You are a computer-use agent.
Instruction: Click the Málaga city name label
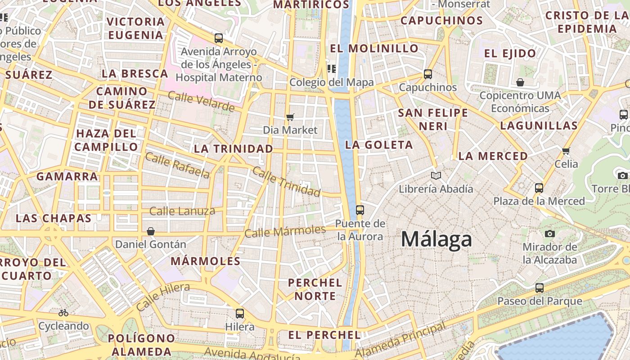point(436,239)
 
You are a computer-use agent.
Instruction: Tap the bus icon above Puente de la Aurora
point(360,210)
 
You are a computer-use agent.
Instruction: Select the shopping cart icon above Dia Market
point(290,117)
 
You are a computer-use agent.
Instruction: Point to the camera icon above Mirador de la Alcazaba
point(549,234)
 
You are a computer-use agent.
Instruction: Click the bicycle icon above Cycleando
point(63,312)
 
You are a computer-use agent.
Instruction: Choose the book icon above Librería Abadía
point(436,175)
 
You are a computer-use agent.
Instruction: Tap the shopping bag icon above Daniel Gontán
point(151,231)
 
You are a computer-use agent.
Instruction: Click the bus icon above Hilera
point(240,313)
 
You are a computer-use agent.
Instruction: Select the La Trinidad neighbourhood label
point(234,148)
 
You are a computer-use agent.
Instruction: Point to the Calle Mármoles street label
point(285,231)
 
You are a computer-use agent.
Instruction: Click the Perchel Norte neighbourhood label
point(315,289)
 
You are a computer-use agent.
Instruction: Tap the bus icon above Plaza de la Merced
point(539,188)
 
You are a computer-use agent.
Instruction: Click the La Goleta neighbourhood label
point(378,144)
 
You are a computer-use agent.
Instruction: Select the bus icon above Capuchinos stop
point(427,74)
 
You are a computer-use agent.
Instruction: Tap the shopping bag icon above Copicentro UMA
point(520,82)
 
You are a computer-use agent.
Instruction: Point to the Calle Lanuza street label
point(182,211)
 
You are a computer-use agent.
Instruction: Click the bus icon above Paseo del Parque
point(540,288)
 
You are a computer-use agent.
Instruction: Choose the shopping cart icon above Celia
point(566,151)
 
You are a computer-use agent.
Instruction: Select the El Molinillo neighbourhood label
point(374,48)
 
